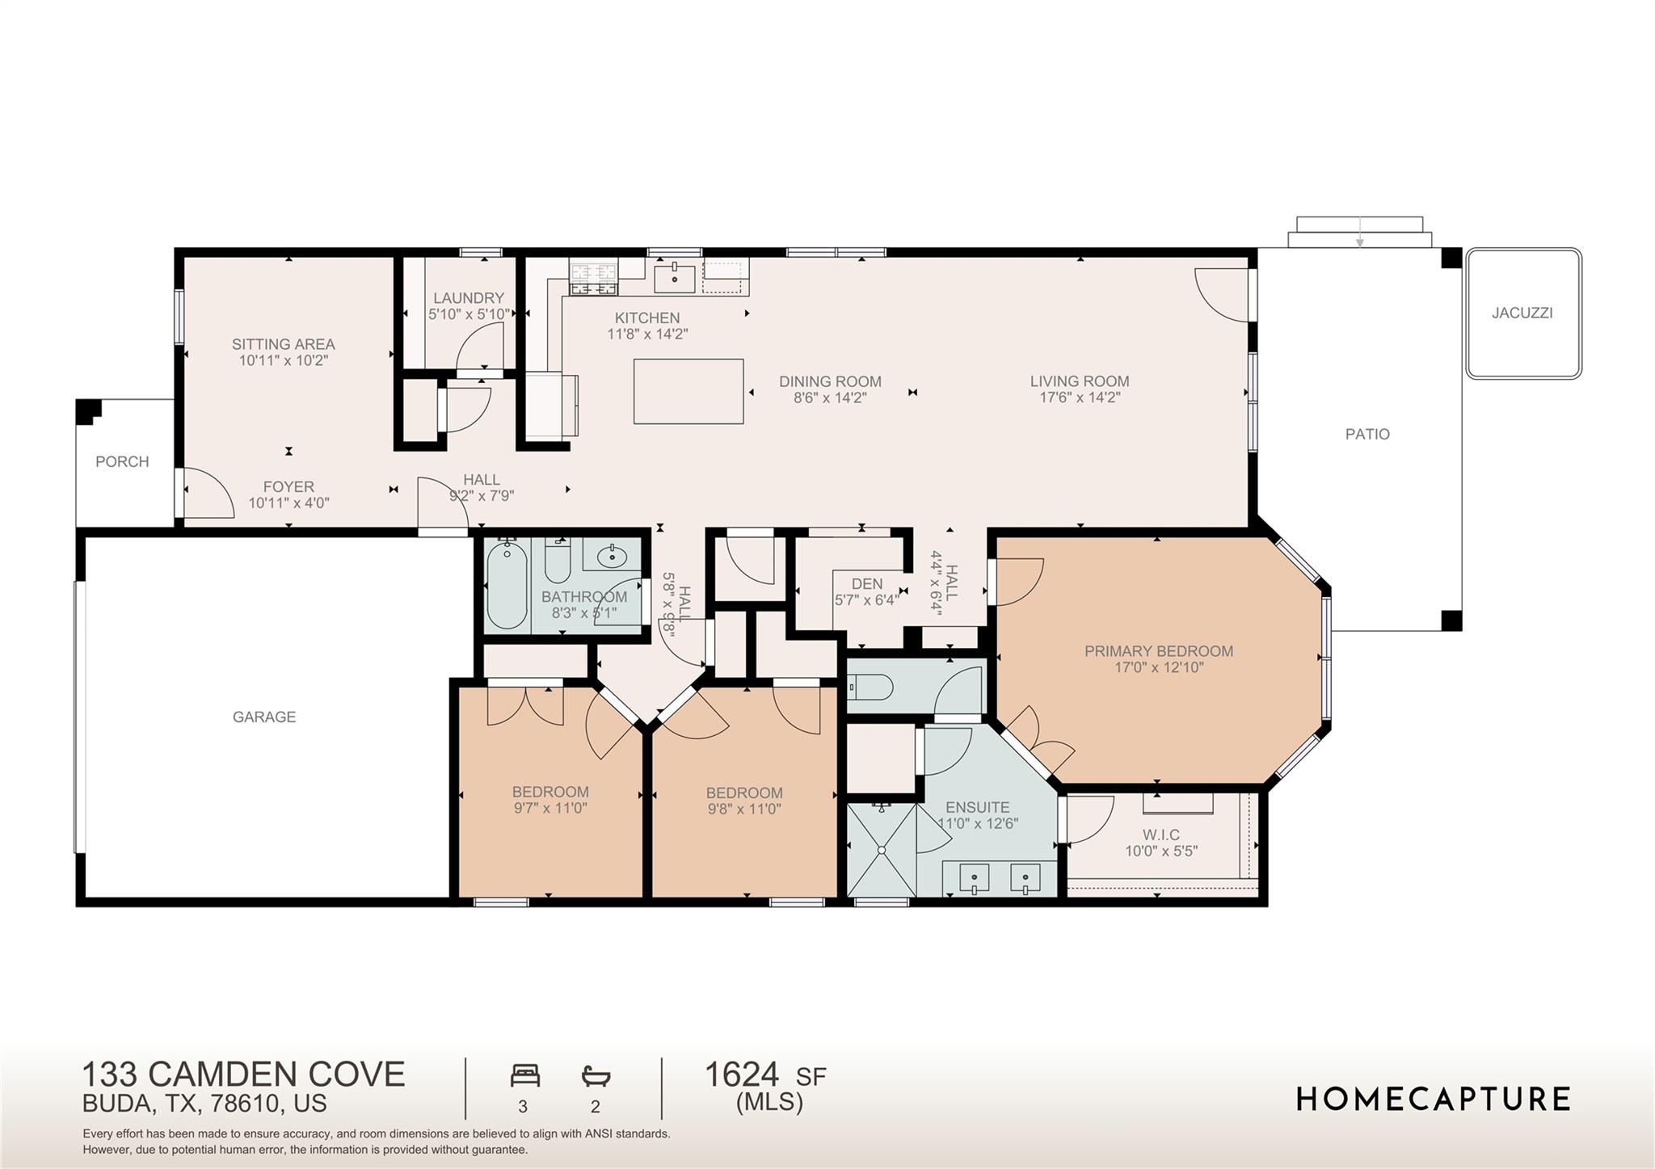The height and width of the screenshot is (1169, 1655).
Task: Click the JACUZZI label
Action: [1522, 313]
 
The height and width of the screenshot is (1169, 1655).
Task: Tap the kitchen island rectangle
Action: [689, 392]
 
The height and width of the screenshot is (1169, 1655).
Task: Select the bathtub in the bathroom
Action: [507, 585]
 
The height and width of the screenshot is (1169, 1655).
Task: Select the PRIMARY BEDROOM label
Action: [1158, 651]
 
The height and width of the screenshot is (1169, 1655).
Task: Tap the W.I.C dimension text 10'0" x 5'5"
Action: [1160, 851]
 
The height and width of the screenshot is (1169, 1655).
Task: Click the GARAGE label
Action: [264, 717]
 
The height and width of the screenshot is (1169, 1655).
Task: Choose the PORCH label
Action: [122, 461]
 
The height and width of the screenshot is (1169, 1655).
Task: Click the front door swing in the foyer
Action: [206, 494]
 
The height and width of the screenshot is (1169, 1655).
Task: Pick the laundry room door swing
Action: [479, 347]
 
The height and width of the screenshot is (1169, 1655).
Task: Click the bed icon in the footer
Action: [524, 1076]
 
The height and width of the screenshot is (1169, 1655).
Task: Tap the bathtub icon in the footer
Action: [596, 1076]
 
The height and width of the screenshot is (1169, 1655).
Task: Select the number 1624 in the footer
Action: [742, 1074]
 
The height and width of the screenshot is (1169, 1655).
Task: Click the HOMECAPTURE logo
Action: [1433, 1100]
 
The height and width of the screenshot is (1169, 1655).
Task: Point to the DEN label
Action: [866, 583]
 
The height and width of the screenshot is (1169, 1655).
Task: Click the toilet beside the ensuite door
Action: [871, 688]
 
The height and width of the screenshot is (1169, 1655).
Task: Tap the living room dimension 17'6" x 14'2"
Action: [1080, 397]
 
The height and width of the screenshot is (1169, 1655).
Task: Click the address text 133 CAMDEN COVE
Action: [243, 1074]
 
